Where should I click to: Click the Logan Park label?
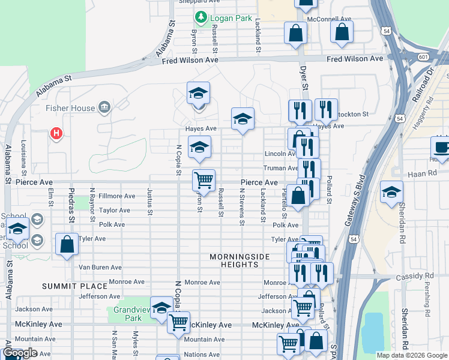pos(231,18)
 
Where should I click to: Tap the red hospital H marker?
pos(56,133)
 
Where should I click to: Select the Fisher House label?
pos(70,108)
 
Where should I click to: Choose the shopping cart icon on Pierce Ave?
pos(204,179)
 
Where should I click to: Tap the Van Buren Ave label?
pos(100,268)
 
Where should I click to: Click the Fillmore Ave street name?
pos(117,196)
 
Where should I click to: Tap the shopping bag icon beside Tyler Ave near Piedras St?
pos(67,244)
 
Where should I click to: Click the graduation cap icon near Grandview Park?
pos(161,307)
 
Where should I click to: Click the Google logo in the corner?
pos(20,353)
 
